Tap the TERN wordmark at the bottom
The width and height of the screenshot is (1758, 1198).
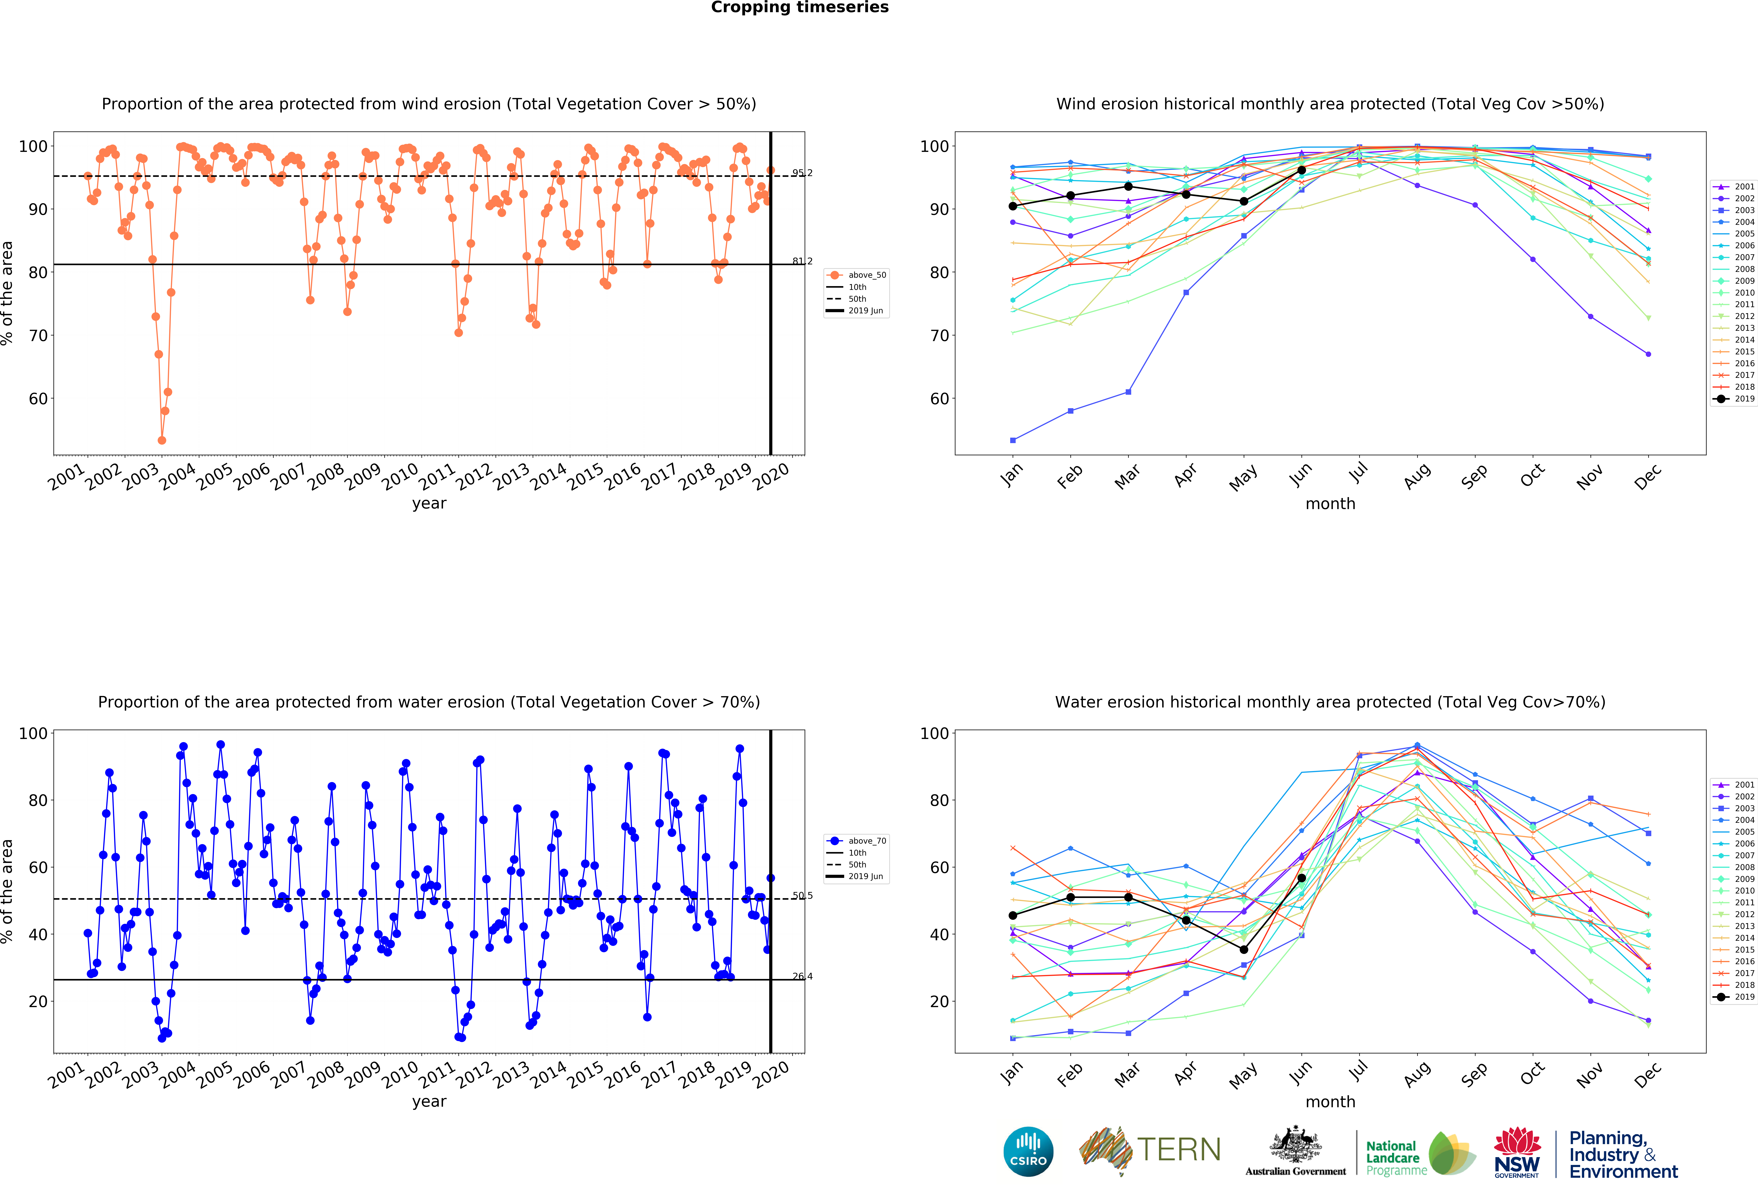pyautogui.click(x=1179, y=1150)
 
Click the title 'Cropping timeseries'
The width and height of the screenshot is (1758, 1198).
pyautogui.click(x=800, y=8)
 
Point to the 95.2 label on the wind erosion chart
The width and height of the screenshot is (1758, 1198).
pyautogui.click(x=802, y=173)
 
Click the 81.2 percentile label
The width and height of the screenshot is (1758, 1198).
pyautogui.click(x=802, y=261)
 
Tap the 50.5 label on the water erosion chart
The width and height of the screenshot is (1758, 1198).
pyautogui.click(x=802, y=896)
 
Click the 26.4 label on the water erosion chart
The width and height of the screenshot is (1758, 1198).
pyautogui.click(x=802, y=976)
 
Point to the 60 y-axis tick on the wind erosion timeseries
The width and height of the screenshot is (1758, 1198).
pyautogui.click(x=38, y=399)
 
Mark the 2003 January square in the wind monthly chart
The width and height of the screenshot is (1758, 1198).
pyautogui.click(x=1013, y=440)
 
